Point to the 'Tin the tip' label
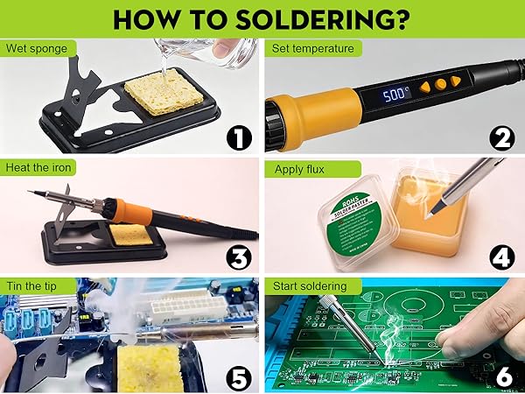33,286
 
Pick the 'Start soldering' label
308,286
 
